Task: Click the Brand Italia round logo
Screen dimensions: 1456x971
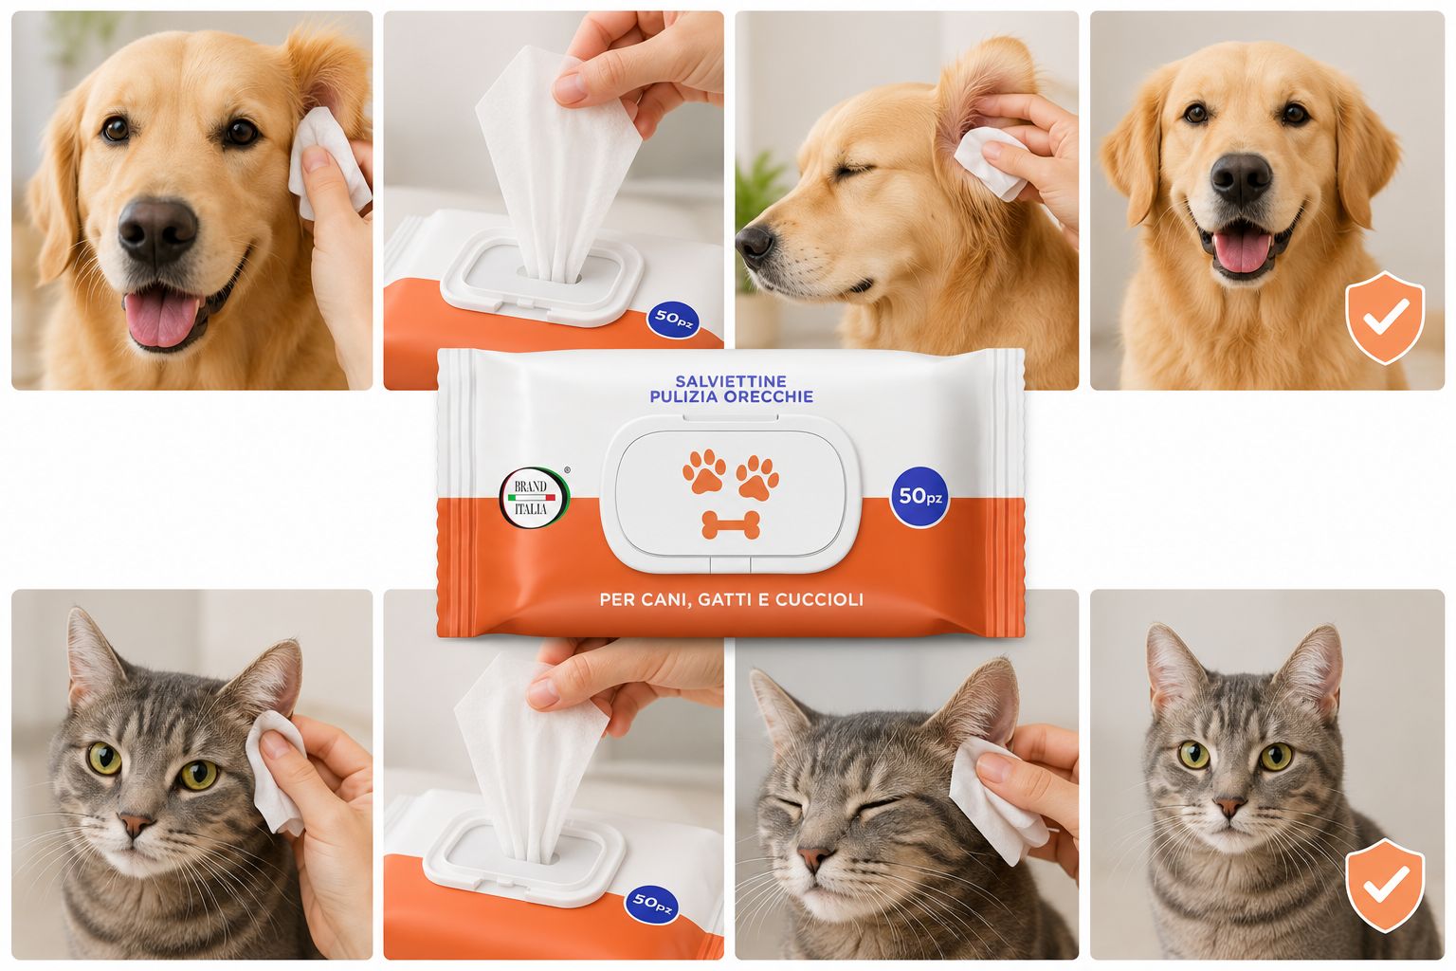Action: tap(535, 498)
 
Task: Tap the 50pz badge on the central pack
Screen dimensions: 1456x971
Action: tap(919, 497)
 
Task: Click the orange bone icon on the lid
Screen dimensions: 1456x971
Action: tap(731, 524)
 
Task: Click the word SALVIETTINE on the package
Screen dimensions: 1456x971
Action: tap(731, 381)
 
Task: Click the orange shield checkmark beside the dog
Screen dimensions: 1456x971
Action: tap(1385, 318)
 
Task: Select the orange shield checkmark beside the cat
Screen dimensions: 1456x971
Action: tap(1385, 885)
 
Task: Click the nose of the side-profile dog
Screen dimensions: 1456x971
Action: tap(754, 243)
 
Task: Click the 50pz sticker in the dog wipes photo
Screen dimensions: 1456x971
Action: tap(673, 320)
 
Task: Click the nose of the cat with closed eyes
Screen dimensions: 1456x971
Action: tap(814, 858)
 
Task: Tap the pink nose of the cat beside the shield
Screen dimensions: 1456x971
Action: tap(1230, 807)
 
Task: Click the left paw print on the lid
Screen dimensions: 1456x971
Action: tap(704, 470)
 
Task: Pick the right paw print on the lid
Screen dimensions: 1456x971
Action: tap(757, 478)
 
